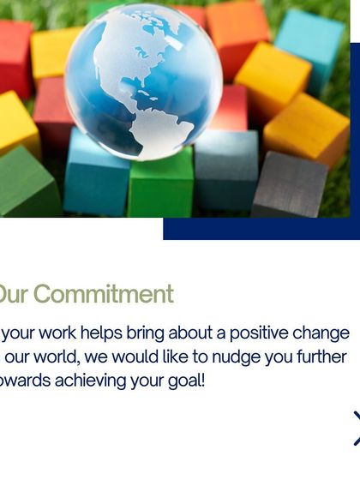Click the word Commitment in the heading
pyautogui.click(x=103, y=294)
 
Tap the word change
pyautogui.click(x=322, y=333)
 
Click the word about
pyautogui.click(x=194, y=333)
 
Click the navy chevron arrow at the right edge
pyautogui.click(x=355, y=428)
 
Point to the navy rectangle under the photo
pyautogui.click(x=257, y=229)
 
